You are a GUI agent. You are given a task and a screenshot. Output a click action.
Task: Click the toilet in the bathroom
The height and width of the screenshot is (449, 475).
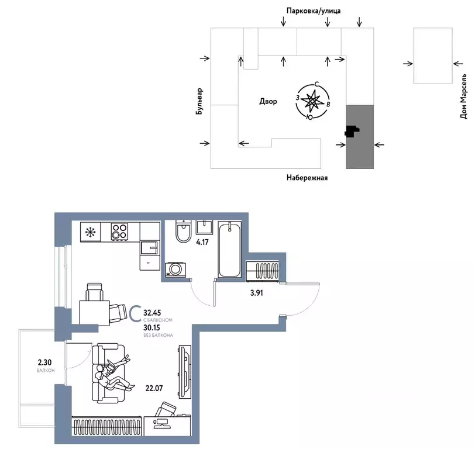tap(183, 232)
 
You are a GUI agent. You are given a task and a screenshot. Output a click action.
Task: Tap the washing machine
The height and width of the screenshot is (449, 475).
tap(175, 270)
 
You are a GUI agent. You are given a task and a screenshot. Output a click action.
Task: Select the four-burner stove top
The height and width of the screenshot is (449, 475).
tap(119, 232)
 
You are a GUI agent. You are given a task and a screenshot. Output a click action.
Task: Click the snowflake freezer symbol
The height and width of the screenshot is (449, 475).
tap(90, 232)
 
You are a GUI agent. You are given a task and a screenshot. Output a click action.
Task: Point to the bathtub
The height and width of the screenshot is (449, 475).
tap(229, 249)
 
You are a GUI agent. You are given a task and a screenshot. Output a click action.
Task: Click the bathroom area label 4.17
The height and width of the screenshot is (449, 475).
tap(202, 242)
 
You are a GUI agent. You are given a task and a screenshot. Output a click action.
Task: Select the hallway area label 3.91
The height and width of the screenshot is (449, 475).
tap(257, 293)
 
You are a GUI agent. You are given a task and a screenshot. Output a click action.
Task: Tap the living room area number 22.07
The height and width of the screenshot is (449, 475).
tap(154, 388)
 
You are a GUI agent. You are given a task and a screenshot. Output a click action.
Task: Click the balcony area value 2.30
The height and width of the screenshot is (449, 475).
tap(45, 362)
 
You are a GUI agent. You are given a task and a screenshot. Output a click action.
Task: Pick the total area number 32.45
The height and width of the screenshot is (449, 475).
tap(152, 312)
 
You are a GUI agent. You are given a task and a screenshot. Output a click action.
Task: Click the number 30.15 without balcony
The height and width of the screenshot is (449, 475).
tap(152, 327)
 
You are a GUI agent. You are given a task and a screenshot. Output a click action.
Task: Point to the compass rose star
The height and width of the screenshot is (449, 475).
tap(311, 101)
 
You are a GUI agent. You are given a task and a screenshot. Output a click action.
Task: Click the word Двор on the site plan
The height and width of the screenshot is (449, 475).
tap(268, 101)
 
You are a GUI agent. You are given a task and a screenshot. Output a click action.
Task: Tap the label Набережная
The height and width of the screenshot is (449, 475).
tap(307, 178)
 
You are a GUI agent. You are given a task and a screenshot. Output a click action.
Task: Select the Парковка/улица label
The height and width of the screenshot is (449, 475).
tap(314, 11)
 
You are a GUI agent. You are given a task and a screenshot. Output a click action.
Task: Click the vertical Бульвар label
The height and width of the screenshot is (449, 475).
tap(199, 101)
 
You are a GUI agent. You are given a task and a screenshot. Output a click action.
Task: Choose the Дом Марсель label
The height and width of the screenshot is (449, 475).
tap(463, 96)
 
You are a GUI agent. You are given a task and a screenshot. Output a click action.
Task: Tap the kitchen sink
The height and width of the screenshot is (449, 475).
tap(150, 248)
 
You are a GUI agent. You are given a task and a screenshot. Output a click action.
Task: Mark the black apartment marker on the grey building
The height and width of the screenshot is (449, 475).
tap(352, 132)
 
